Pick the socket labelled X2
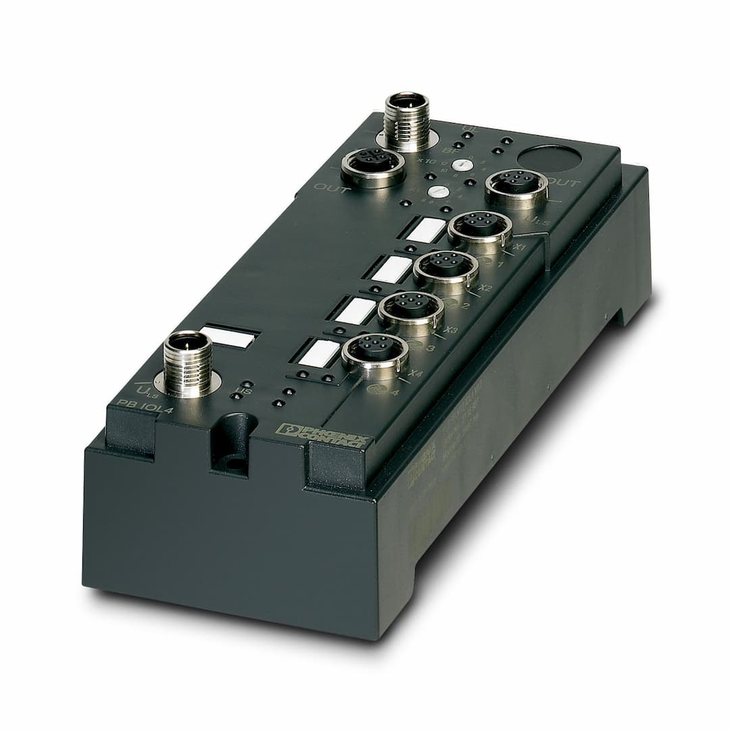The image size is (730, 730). (445, 266)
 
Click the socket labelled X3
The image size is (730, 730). (410, 308)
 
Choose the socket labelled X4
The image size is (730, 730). (374, 349)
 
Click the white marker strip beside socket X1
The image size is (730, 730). (427, 230)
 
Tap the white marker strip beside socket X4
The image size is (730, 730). (318, 352)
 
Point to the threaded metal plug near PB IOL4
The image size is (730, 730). (187, 362)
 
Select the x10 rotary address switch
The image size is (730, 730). (462, 164)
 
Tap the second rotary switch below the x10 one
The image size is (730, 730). (439, 192)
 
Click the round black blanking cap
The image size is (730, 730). (549, 158)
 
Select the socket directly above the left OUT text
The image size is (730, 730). (372, 164)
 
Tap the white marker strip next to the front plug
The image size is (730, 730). (229, 337)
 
